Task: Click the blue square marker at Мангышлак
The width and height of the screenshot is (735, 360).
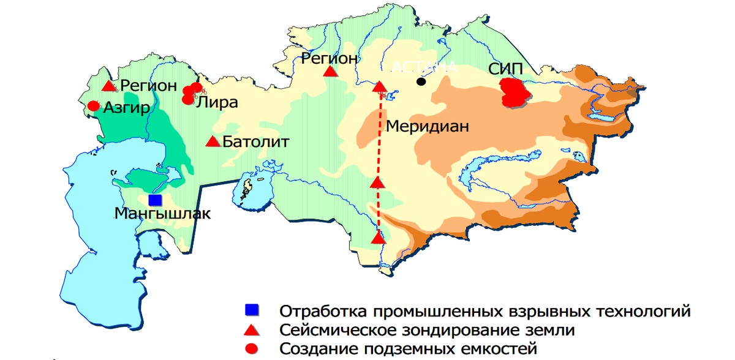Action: [x=155, y=200]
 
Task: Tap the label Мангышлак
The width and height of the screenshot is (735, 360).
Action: [x=162, y=214]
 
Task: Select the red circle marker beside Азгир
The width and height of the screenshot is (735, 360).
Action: [x=93, y=106]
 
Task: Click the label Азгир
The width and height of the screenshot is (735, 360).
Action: [x=127, y=108]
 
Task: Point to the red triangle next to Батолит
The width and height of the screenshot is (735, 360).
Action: [x=213, y=141]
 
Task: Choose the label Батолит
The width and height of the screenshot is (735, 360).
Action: [x=255, y=142]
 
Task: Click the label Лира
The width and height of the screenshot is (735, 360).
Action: [x=217, y=102]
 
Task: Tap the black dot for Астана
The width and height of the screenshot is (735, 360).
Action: [x=421, y=81]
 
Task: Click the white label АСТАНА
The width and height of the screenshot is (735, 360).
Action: [x=424, y=67]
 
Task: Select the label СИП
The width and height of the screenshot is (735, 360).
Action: [x=506, y=68]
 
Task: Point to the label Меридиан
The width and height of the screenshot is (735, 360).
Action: [x=427, y=127]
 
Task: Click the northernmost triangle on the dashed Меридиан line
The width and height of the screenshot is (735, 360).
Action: [x=380, y=87]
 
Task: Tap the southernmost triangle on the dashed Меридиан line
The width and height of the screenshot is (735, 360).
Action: [x=379, y=237]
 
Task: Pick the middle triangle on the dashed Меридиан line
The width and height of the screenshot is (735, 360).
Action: [x=377, y=182]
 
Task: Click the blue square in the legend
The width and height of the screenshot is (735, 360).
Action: [x=251, y=310]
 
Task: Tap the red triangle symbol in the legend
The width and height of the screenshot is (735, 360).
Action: [x=251, y=330]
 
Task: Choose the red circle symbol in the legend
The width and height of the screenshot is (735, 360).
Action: [x=251, y=349]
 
